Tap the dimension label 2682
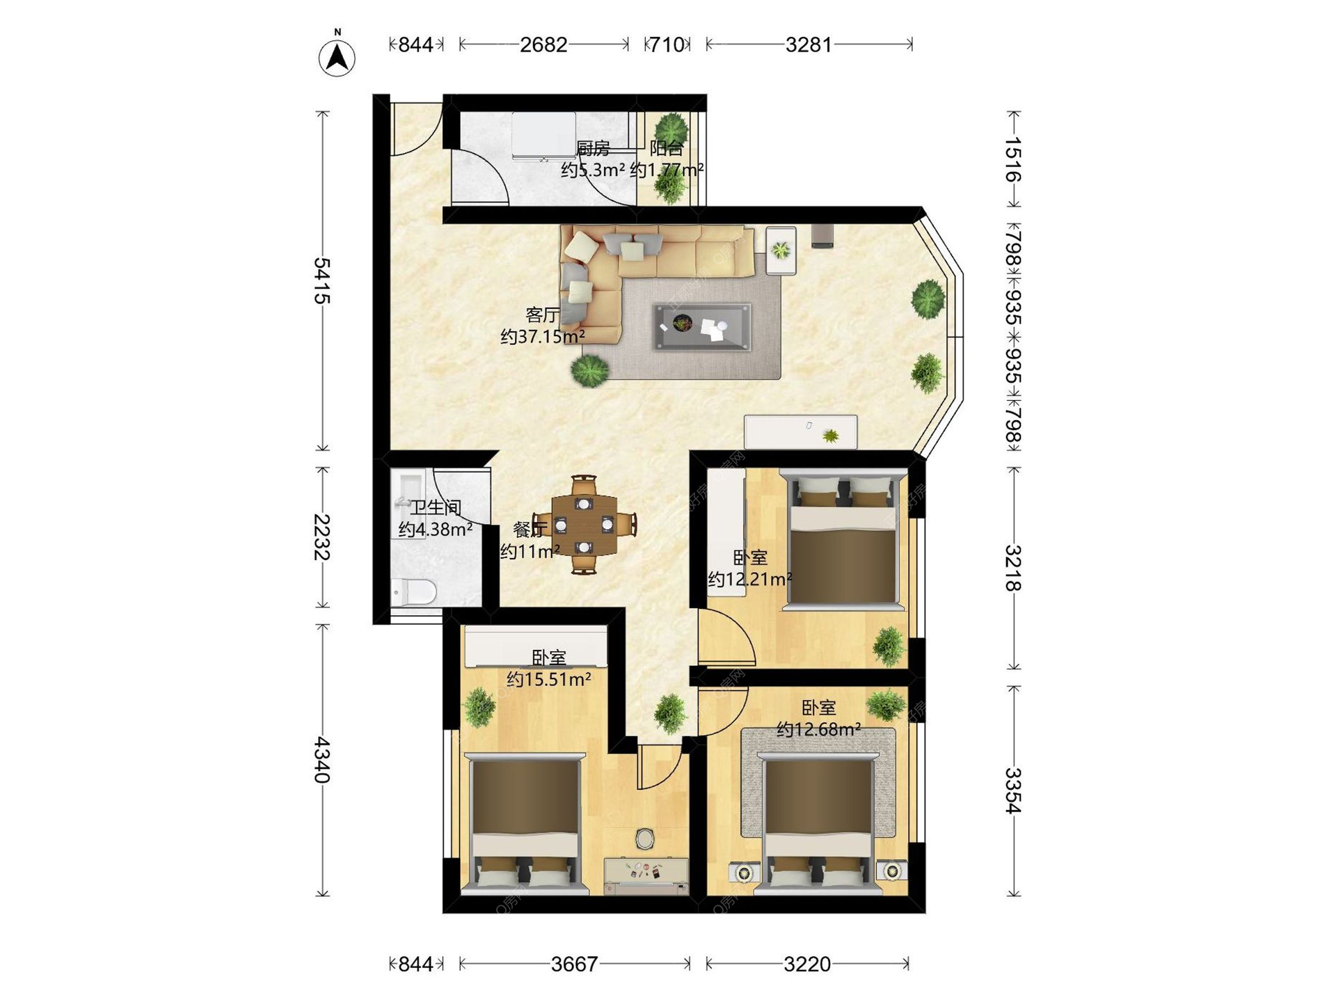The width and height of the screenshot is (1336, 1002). pos(543,45)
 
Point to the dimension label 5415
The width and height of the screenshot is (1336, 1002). pos(321,280)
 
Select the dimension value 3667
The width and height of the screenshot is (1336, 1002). pos(574,964)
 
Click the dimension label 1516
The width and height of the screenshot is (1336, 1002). pos(1013,159)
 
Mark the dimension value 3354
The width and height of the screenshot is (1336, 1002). pos(1013,790)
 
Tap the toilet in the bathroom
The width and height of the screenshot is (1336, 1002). pos(413,592)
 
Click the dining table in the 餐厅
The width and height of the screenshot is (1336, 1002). pos(584,525)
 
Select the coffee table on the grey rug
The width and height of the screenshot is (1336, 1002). pos(702,327)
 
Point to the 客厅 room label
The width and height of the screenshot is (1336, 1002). pos(542,315)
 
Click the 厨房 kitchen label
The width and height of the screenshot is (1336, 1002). pos(593,148)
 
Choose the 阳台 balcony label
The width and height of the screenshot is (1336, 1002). pos(666,148)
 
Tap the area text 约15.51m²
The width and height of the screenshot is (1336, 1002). pos(549,679)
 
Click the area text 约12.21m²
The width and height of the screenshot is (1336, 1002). pos(750,579)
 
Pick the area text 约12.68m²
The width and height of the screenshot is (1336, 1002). pos(819,729)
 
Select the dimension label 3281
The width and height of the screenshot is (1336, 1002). pos(809,45)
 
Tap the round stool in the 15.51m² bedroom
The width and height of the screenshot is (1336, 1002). pos(645,838)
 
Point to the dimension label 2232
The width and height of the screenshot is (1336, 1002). pos(321,537)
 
